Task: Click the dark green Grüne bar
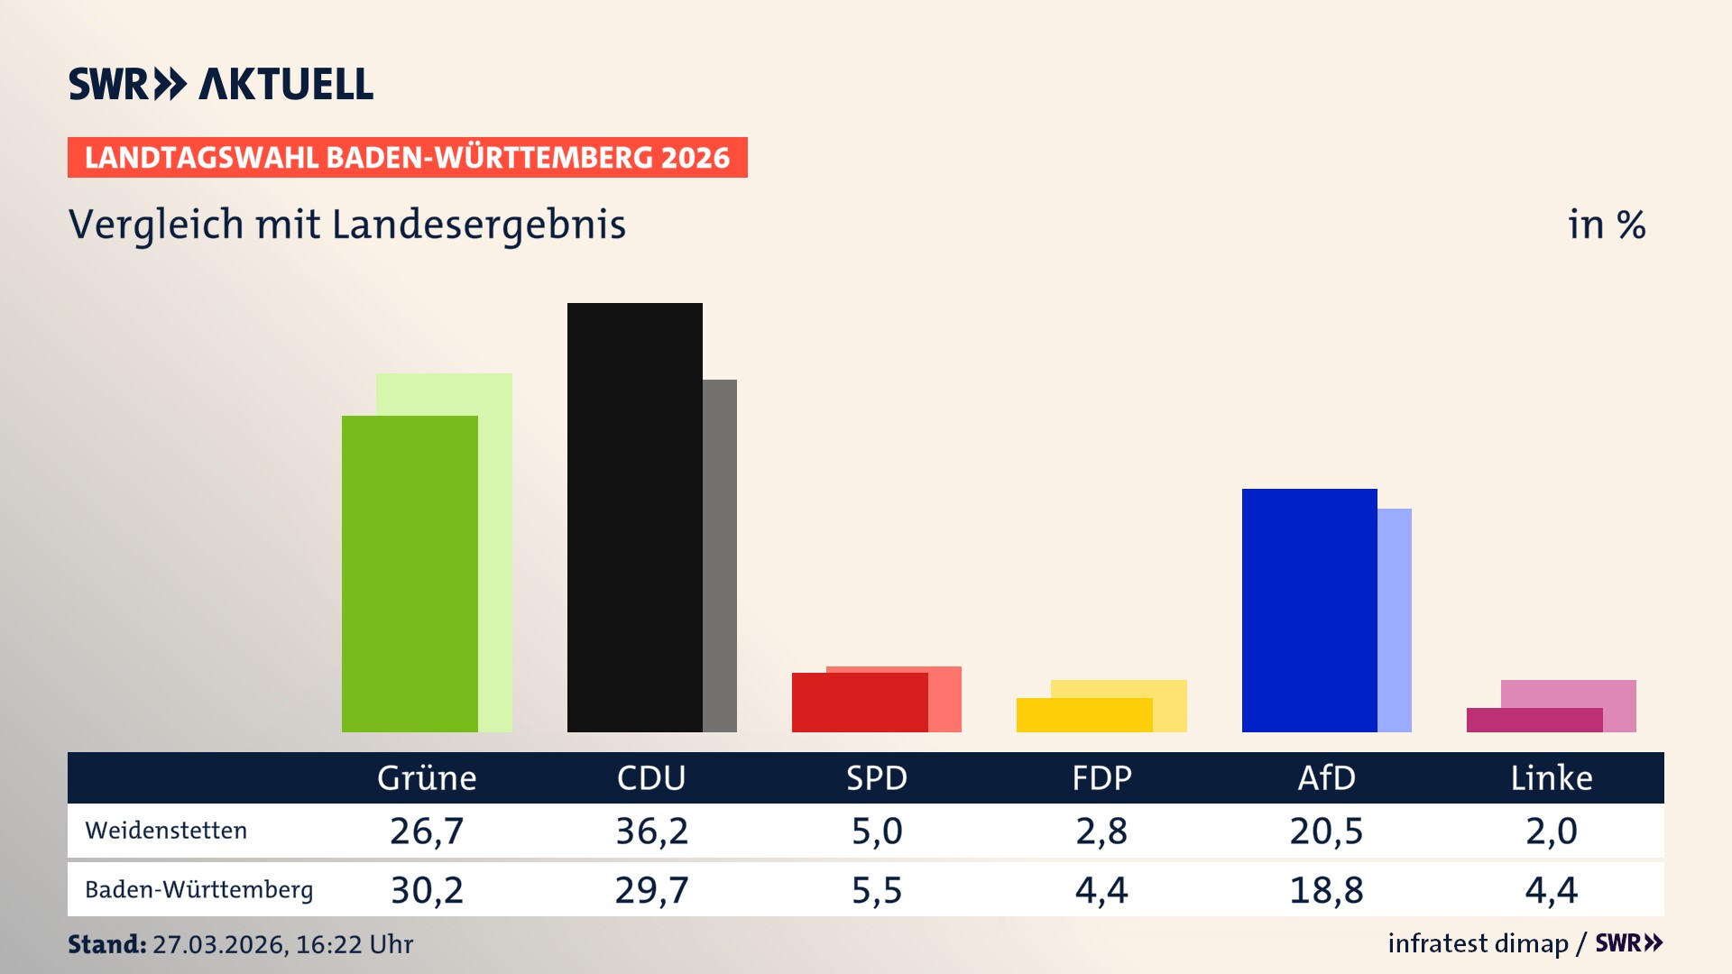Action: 410,574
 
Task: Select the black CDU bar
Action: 634,518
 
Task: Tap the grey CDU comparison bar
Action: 720,556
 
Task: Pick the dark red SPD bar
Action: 859,703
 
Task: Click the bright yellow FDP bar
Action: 1083,715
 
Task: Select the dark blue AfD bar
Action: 1309,611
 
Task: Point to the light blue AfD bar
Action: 1395,620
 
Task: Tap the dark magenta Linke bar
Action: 1534,721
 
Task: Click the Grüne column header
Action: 427,778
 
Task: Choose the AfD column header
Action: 1326,778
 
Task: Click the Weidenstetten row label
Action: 166,831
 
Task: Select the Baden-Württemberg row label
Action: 198,890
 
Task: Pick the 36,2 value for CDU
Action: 651,831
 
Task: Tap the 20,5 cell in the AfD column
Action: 1326,831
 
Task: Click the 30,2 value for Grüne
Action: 427,890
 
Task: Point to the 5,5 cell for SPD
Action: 876,890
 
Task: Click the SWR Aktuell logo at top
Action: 221,84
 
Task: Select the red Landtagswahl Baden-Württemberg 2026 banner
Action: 407,158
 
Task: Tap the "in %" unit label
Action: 1607,225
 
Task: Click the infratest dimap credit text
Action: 1478,943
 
